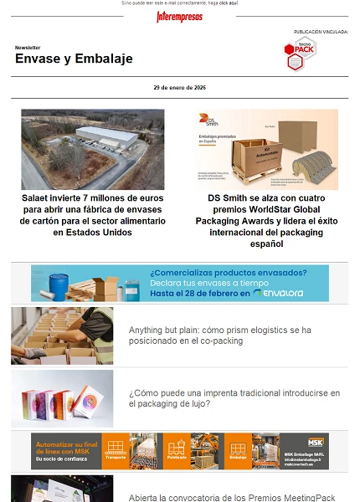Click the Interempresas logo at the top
pos(179,16)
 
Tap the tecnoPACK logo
pos(300,54)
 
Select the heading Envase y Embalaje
pos(74,59)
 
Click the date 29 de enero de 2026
pos(179,87)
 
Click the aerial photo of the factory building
pos(93,149)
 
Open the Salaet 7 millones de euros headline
pos(93,215)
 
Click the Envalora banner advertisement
pos(179,283)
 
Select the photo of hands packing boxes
pos(62,336)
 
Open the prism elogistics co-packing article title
pos(219,336)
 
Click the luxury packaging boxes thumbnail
pos(62,398)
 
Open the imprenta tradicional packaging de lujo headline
pos(234,398)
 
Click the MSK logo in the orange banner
pos(315,441)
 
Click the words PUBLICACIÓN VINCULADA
pos(321,32)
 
